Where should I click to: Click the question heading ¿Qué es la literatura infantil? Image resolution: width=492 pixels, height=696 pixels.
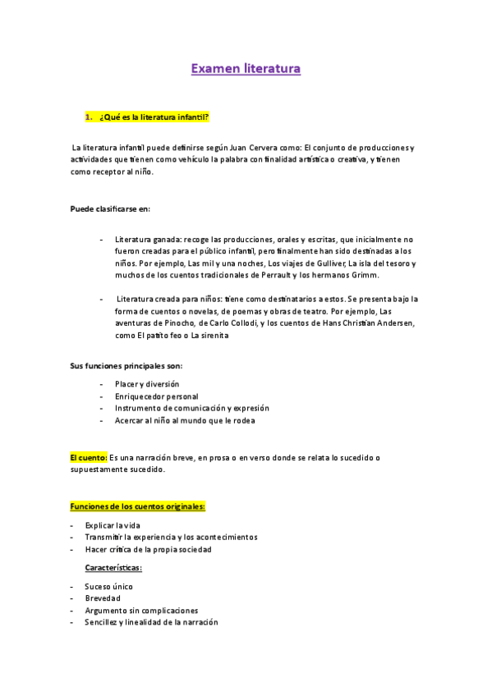[154, 117]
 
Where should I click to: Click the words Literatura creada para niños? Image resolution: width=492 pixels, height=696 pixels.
[168, 300]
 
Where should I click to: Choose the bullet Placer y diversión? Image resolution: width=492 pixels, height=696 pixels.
[147, 384]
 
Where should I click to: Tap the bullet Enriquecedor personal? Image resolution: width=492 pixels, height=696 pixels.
[156, 396]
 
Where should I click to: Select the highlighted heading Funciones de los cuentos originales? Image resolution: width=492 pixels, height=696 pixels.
[137, 506]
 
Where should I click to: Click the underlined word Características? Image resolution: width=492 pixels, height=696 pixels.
[113, 568]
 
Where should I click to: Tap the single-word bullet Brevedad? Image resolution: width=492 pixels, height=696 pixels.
[103, 599]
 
